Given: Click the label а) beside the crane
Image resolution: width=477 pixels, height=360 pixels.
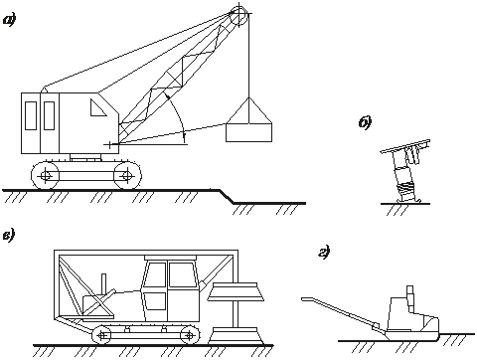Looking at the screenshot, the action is pyautogui.click(x=10, y=21).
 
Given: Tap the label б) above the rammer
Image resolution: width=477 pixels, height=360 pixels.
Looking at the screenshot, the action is pyautogui.click(x=365, y=123).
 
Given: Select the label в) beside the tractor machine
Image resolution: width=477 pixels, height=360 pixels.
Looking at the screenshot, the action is pyautogui.click(x=8, y=237).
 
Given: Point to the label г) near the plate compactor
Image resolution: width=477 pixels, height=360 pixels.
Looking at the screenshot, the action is pyautogui.click(x=324, y=254).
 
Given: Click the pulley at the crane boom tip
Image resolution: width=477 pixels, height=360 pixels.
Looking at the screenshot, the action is pyautogui.click(x=238, y=18).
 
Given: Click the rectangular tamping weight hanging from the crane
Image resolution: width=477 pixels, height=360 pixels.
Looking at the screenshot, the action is pyautogui.click(x=248, y=133).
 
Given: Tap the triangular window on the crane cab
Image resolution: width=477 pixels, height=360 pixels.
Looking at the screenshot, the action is pyautogui.click(x=98, y=108).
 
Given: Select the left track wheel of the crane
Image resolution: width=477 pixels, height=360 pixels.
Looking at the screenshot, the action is pyautogui.click(x=45, y=175).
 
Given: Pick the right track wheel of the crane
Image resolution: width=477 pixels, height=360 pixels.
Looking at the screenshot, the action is pyautogui.click(x=126, y=175).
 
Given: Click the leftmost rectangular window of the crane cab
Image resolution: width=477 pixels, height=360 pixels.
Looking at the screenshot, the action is pyautogui.click(x=31, y=115).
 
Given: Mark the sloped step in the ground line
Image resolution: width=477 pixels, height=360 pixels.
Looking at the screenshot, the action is pyautogui.click(x=227, y=196).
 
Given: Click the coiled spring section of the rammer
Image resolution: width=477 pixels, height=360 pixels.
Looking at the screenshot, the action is pyautogui.click(x=406, y=189).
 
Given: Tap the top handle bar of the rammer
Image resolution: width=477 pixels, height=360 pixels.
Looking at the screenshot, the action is pyautogui.click(x=405, y=146).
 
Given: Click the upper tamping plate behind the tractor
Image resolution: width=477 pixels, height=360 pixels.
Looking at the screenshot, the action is pyautogui.click(x=236, y=292).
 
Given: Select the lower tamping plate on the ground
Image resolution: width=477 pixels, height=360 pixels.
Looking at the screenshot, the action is pyautogui.click(x=236, y=335).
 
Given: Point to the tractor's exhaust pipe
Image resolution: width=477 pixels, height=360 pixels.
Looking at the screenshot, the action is pyautogui.click(x=104, y=284).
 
